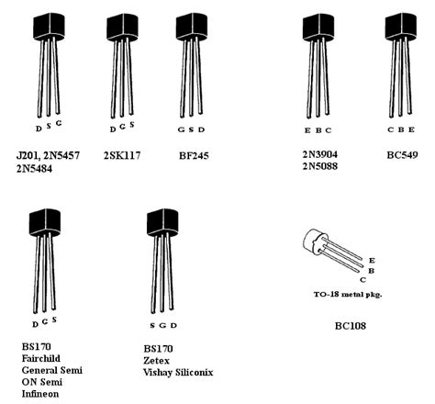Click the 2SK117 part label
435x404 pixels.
tap(123, 156)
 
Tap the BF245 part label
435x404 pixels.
tap(194, 156)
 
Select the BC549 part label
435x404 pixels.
tap(402, 156)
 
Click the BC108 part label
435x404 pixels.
tap(350, 325)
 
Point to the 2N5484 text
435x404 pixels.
tap(38, 171)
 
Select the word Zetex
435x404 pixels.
tap(159, 362)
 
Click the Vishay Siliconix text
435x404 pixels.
tap(184, 374)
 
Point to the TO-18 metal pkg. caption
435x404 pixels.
tap(340, 294)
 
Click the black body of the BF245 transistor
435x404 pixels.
tap(193, 26)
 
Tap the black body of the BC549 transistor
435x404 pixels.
tap(401, 26)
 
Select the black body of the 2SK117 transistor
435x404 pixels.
tap(122, 26)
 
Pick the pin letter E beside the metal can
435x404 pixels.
tap(371, 261)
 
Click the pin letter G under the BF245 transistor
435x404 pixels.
tap(181, 129)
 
